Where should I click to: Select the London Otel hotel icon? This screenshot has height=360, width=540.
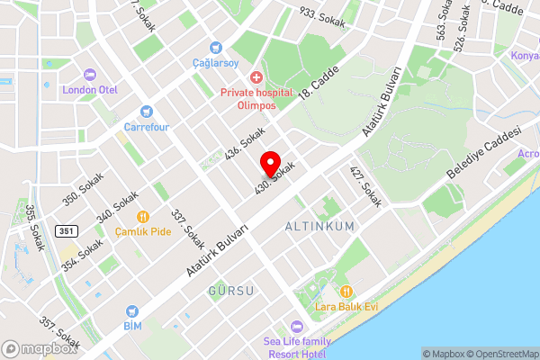tap(89, 76)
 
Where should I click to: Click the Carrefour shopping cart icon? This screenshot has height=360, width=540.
tap(147, 113)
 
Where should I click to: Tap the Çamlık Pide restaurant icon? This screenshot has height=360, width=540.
tap(142, 217)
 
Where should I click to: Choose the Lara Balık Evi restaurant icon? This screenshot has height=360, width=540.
tap(345, 292)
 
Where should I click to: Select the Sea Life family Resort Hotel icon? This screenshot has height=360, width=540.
tap(295, 327)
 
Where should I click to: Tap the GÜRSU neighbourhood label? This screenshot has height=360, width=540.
tap(231, 291)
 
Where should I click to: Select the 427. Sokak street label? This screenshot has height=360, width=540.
tap(366, 187)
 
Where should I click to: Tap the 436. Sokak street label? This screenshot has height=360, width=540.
tap(245, 143)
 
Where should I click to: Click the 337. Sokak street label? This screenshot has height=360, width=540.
tap(189, 229)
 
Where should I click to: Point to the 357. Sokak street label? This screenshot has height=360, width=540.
tap(60, 334)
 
